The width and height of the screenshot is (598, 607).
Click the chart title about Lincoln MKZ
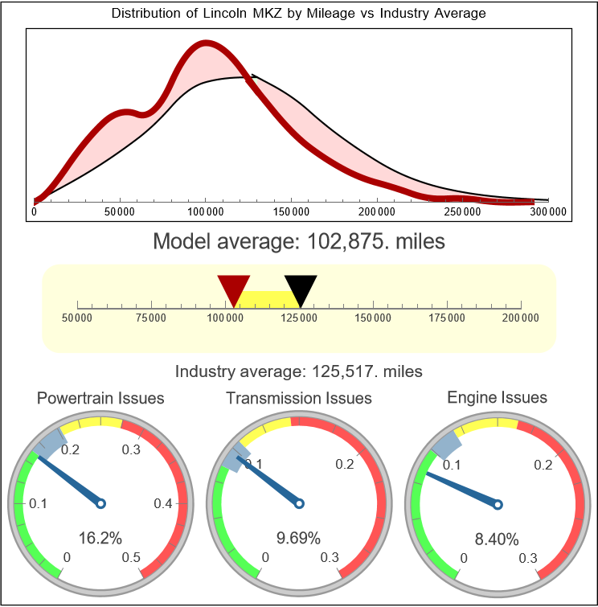pyautogui.click(x=299, y=14)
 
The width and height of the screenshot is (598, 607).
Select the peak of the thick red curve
pyautogui.click(x=207, y=45)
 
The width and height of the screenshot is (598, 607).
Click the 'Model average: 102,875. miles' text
pyautogui.click(x=299, y=240)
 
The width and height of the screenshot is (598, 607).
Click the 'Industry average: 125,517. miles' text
pyautogui.click(x=299, y=371)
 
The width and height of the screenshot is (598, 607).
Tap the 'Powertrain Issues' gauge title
pyautogui.click(x=101, y=398)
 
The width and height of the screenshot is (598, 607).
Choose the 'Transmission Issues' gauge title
pyautogui.click(x=299, y=398)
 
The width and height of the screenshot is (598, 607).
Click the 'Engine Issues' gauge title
pyautogui.click(x=497, y=397)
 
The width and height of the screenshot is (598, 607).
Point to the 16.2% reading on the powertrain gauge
pyautogui.click(x=100, y=538)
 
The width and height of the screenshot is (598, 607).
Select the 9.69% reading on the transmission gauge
pyautogui.click(x=299, y=538)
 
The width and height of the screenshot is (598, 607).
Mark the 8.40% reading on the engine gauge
pyautogui.click(x=497, y=539)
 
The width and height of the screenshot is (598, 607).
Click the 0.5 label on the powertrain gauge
pyautogui.click(x=132, y=558)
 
